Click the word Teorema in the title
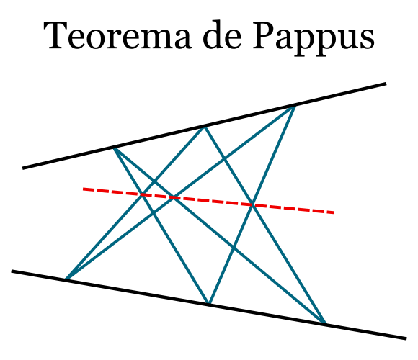[x=117, y=35]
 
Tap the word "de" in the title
[x=222, y=35]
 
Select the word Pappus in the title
[x=313, y=39]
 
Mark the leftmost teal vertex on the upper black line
[x=114, y=148]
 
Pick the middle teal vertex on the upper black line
[x=205, y=126]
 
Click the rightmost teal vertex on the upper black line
[x=295, y=105]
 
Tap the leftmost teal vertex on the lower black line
[x=66, y=279]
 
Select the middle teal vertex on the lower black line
[x=210, y=304]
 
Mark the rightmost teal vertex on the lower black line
[x=325, y=323]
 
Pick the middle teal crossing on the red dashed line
[x=174, y=197]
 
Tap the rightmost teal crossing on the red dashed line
[x=252, y=204]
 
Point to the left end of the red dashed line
[x=83, y=189]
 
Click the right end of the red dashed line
[x=334, y=212]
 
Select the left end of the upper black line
[x=22, y=168]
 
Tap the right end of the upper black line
[x=386, y=84]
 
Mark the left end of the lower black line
[x=12, y=271]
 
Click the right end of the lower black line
[x=406, y=338]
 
